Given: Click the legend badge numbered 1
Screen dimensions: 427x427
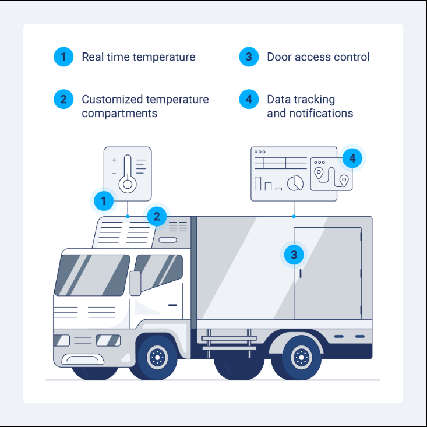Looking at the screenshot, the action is click(x=63, y=57).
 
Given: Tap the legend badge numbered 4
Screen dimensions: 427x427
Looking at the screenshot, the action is click(x=249, y=99).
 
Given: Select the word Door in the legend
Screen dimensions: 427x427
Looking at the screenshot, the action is click(x=279, y=57).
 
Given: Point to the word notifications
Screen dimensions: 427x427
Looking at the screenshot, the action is click(x=321, y=113).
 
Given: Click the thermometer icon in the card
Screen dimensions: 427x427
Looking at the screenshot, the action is click(x=128, y=174).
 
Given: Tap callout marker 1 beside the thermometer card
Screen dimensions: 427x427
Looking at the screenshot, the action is click(x=104, y=201).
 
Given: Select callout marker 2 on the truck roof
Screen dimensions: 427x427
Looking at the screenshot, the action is click(x=157, y=216).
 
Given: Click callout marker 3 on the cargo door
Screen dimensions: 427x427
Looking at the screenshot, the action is click(x=294, y=255).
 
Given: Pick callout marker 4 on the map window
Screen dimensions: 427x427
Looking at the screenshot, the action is click(x=352, y=158).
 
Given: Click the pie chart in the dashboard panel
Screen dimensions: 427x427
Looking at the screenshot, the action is click(x=295, y=183).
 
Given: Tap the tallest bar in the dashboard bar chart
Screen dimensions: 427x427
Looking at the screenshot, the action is click(x=257, y=183).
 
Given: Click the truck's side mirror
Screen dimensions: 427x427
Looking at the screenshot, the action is click(x=135, y=283).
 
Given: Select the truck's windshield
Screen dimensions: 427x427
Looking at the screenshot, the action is click(x=92, y=275).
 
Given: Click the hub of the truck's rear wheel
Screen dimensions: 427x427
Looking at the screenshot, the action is click(x=301, y=357).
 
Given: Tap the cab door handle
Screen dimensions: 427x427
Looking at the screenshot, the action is click(x=172, y=305).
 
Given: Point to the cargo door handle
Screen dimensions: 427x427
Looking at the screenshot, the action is click(x=301, y=273).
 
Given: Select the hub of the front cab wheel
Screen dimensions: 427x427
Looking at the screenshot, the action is click(x=157, y=357).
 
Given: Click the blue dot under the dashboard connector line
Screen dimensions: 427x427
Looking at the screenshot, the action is click(x=294, y=217).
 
